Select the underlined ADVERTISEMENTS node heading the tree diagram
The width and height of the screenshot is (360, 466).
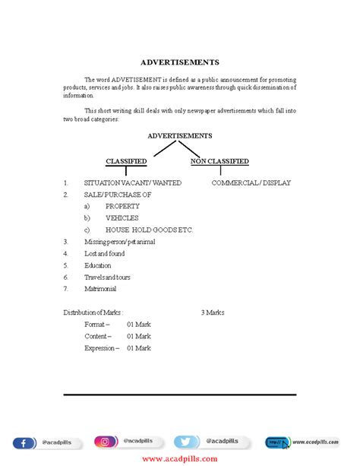(179, 135)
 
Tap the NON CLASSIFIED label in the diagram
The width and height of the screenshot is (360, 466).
(219, 161)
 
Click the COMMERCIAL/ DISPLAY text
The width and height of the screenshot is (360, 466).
(251, 182)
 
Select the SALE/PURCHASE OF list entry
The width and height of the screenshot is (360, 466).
(117, 195)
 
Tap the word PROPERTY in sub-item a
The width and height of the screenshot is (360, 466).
(122, 206)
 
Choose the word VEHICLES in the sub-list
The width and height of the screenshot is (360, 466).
(122, 218)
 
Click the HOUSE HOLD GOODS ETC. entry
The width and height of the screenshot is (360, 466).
(149, 230)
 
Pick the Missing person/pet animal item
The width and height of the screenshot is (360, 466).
(119, 242)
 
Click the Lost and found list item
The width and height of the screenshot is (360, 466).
(104, 253)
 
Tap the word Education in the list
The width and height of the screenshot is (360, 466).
(97, 265)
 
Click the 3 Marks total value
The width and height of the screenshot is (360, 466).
(212, 312)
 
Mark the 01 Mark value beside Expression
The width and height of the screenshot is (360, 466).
(138, 348)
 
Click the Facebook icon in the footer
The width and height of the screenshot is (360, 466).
(23, 442)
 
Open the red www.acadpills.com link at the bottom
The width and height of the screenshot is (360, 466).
(179, 458)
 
